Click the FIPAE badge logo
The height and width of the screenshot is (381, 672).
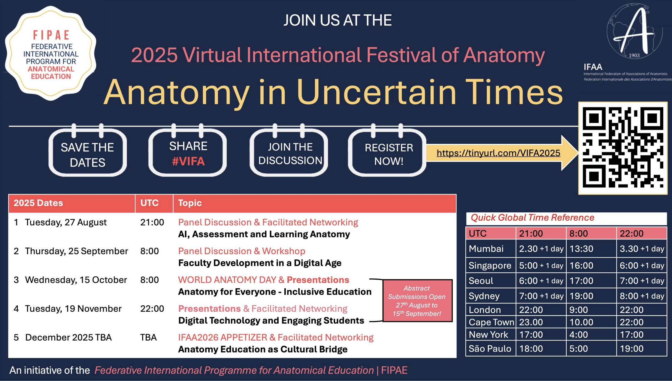[x=50, y=53]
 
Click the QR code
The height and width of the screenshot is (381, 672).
[x=623, y=148]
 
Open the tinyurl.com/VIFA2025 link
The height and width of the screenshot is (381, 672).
[x=498, y=153]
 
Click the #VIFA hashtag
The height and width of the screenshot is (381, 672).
[x=188, y=161]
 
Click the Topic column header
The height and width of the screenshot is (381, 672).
[x=190, y=203]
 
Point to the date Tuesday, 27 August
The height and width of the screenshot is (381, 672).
[x=66, y=222]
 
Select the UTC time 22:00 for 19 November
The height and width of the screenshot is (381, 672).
[x=152, y=309]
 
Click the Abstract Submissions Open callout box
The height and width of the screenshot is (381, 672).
[x=417, y=301]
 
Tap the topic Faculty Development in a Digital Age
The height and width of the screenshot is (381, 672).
[x=260, y=263]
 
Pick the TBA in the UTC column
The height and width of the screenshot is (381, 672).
[x=148, y=337]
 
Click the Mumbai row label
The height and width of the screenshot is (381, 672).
[x=486, y=249]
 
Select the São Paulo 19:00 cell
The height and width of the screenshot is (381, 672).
[x=631, y=349]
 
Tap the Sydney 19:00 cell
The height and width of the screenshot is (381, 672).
[x=581, y=296]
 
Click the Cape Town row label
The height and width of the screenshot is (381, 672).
[x=491, y=322]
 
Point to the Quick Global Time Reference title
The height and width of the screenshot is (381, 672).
[x=532, y=218]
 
